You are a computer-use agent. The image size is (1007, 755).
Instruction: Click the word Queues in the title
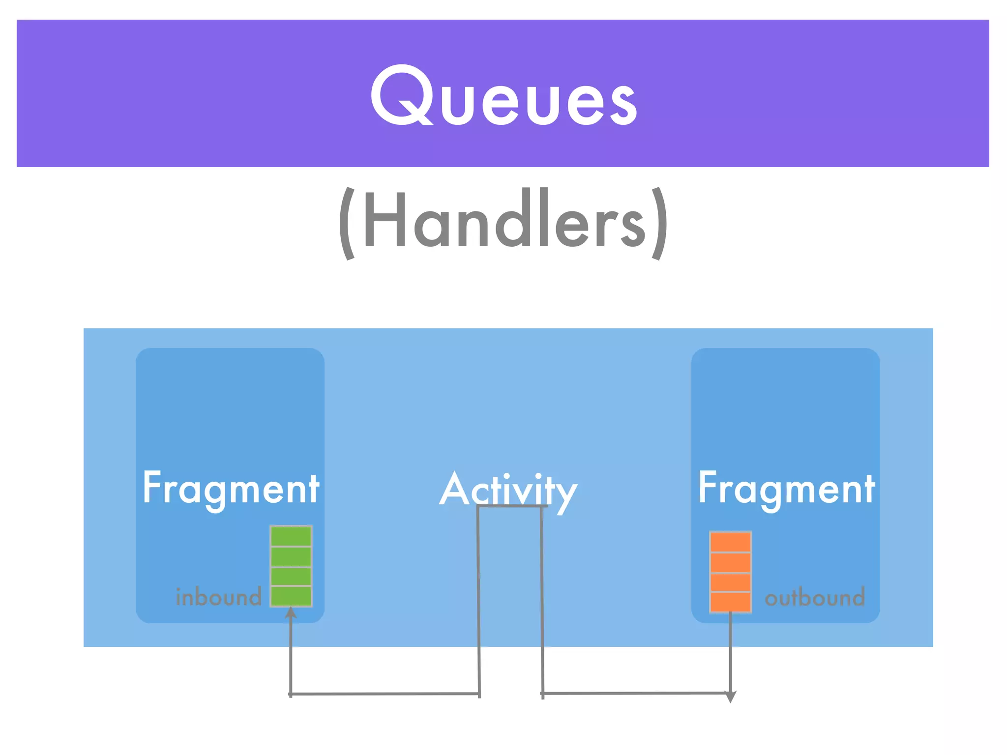(503, 96)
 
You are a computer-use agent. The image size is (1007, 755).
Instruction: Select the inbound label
(219, 597)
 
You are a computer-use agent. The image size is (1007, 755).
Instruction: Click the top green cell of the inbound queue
(291, 536)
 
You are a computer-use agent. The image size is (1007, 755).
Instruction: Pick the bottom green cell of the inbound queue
(291, 596)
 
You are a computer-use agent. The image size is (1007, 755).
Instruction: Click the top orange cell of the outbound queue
(731, 542)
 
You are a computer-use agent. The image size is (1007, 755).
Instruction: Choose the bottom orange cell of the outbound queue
(731, 602)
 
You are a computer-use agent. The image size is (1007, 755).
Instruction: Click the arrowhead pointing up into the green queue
(291, 612)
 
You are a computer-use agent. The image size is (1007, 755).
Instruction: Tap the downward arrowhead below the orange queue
(731, 697)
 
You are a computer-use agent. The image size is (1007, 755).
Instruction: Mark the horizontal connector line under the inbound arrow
(385, 694)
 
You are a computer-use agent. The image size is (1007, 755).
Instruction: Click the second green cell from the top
(291, 556)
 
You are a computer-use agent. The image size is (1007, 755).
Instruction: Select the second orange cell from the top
(731, 562)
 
